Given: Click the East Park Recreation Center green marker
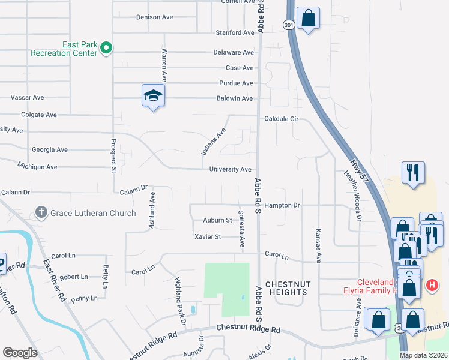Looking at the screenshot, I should click(107, 48).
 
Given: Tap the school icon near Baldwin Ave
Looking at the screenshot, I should click(153, 96).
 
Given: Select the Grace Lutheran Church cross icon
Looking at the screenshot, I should click(41, 212).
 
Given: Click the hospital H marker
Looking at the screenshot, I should click(431, 285).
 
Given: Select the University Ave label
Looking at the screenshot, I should click(230, 170).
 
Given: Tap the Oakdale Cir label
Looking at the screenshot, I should click(282, 119).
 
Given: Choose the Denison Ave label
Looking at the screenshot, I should click(154, 17).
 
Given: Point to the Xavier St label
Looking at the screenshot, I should click(208, 237).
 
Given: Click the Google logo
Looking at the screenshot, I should click(20, 352).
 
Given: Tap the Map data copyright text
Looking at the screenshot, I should click(423, 355).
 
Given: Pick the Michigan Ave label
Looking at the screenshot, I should click(37, 166).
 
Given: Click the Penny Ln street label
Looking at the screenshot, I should click(83, 298).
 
